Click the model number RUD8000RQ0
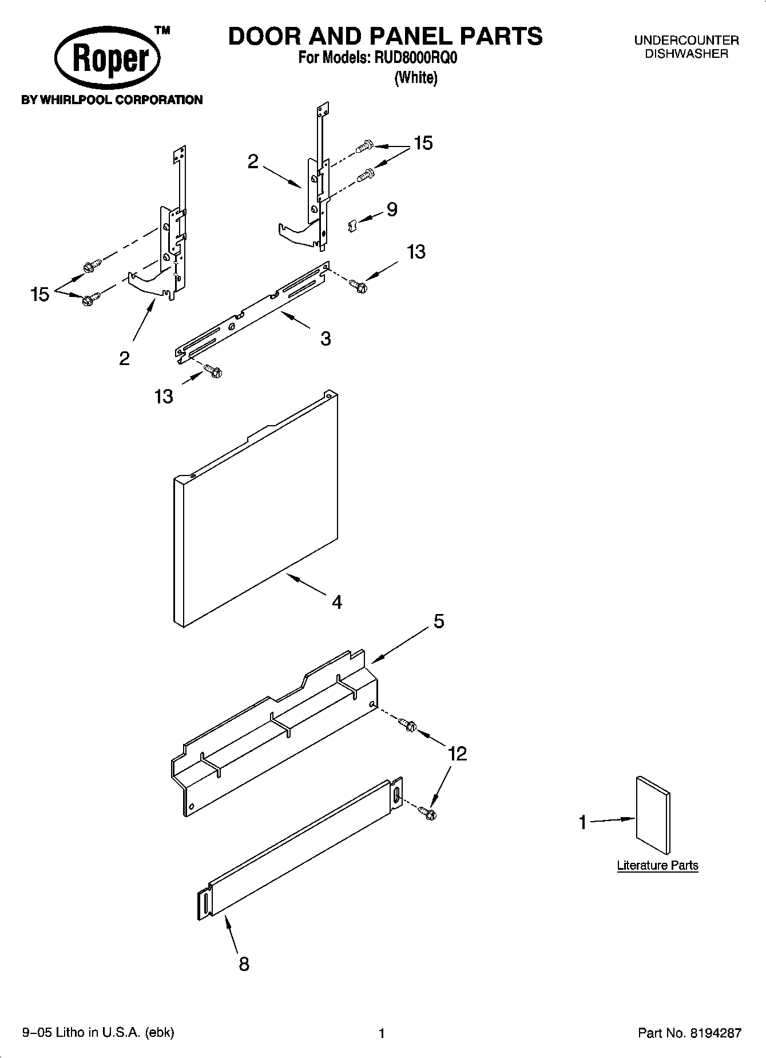(x=416, y=58)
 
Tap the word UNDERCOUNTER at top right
(x=686, y=41)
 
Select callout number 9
(x=392, y=209)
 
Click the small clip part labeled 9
(x=352, y=225)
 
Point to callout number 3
(x=326, y=339)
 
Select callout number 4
(x=337, y=602)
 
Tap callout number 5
(x=438, y=621)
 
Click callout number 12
(x=458, y=754)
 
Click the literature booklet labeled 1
(x=653, y=815)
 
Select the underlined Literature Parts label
(x=657, y=865)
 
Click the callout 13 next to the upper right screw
(x=416, y=251)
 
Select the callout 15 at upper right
(x=423, y=143)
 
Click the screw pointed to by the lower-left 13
(x=214, y=371)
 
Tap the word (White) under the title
(x=416, y=78)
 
